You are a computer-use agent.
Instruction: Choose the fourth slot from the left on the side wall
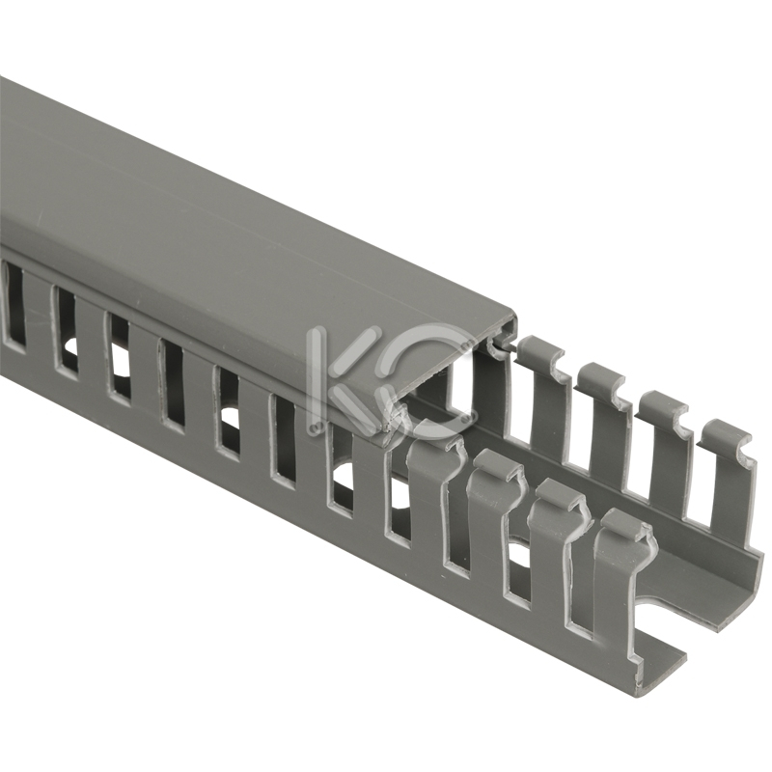click(173, 387)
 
